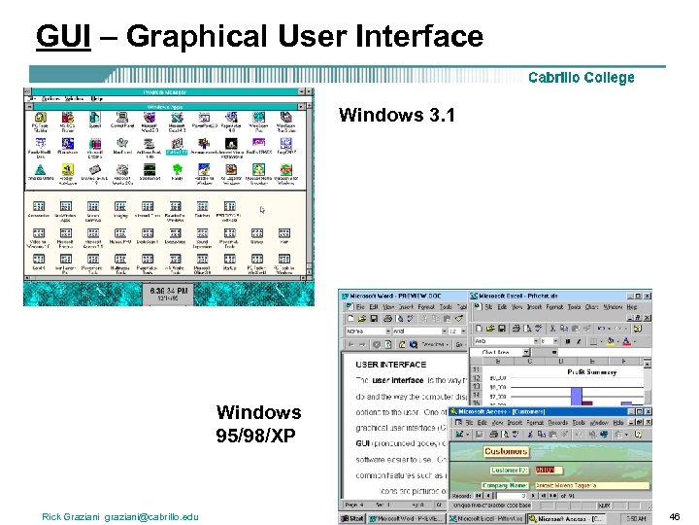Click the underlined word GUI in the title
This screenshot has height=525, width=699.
64,36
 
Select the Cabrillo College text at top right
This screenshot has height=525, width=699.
581,78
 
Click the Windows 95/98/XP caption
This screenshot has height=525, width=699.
258,424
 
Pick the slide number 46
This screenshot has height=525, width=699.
674,516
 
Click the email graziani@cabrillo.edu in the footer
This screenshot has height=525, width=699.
151,516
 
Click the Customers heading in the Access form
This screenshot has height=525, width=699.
506,451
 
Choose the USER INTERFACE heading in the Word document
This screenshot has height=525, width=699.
391,365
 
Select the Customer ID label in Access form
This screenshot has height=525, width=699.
511,471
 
